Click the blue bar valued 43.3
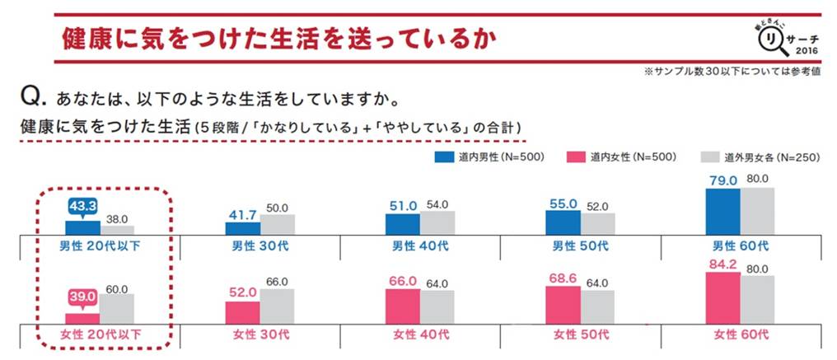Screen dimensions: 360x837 click(x=82, y=227)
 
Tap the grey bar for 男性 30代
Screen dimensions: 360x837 click(x=278, y=225)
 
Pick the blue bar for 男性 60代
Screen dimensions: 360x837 click(x=722, y=212)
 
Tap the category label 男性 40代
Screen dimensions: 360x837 click(x=419, y=246)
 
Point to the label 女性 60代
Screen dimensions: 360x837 click(x=740, y=335)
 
